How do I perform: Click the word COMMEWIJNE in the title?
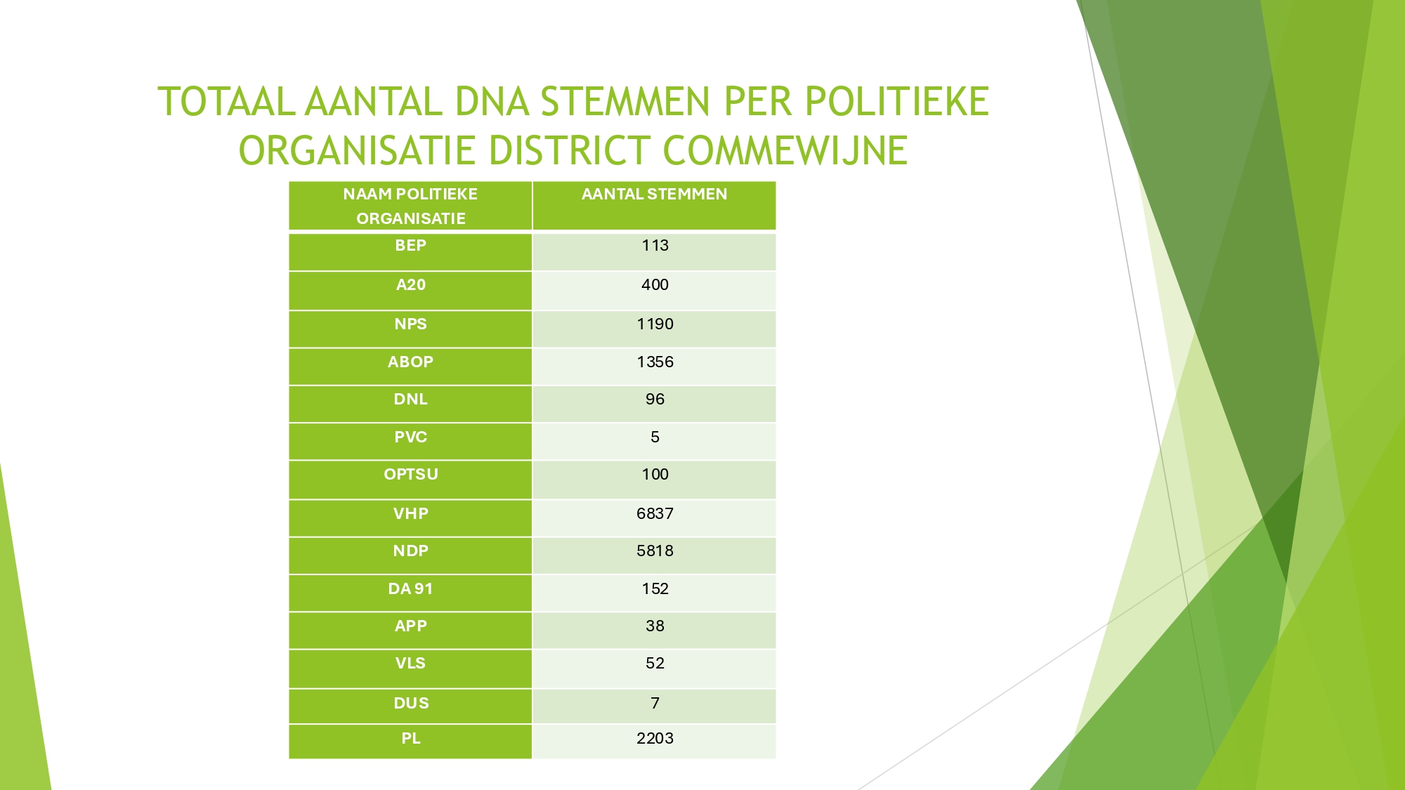click(785, 150)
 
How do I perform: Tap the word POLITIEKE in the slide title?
click(897, 101)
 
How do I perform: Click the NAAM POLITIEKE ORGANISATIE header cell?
click(410, 206)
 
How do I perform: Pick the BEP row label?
click(410, 245)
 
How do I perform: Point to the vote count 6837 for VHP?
click(655, 513)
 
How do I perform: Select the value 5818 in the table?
click(655, 551)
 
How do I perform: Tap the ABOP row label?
click(410, 362)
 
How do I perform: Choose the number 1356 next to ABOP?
click(655, 362)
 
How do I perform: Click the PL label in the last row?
click(410, 738)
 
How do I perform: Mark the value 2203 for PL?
click(655, 738)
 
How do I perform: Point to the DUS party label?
click(410, 703)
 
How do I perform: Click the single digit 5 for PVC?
click(655, 437)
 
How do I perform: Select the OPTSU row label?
click(410, 474)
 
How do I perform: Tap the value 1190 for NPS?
click(655, 324)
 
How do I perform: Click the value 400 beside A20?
click(655, 284)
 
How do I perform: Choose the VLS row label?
click(410, 663)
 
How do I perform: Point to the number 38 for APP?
click(655, 626)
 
